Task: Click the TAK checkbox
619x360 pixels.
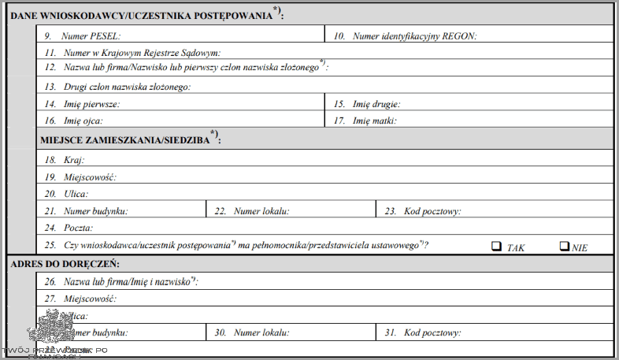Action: pyautogui.click(x=497, y=246)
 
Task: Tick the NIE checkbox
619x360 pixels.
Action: pyautogui.click(x=564, y=246)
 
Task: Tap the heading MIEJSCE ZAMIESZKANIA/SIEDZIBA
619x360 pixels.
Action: pyautogui.click(x=130, y=139)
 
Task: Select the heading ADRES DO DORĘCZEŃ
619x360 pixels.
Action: pyautogui.click(x=65, y=264)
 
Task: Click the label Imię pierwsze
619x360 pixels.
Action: pyautogui.click(x=91, y=104)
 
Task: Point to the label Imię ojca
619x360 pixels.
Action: pyautogui.click(x=83, y=121)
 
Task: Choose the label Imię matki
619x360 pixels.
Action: pyautogui.click(x=375, y=121)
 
